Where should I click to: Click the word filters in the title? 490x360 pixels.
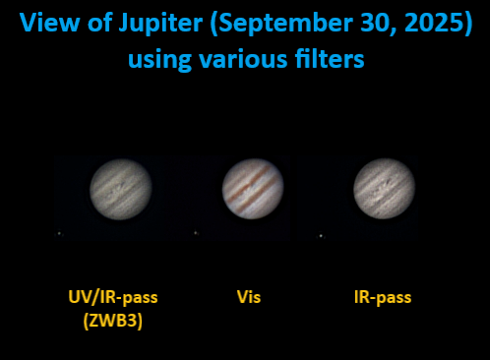click(x=329, y=59)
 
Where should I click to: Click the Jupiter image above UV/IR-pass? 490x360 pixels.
click(x=121, y=188)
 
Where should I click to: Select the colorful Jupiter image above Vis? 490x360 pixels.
click(x=253, y=188)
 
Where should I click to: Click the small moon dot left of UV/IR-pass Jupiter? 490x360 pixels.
click(x=59, y=233)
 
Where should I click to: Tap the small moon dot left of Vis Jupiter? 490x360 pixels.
click(x=195, y=233)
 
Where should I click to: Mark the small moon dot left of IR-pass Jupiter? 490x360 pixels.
click(x=321, y=236)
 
